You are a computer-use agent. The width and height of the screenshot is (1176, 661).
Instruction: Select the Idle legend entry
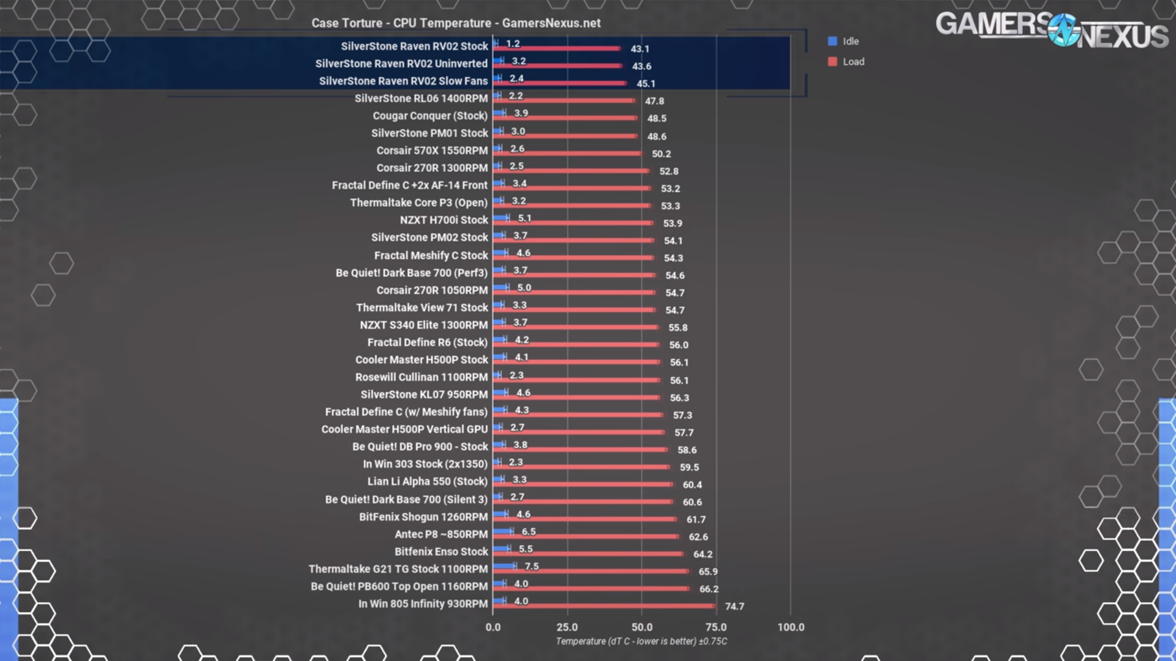[x=843, y=41]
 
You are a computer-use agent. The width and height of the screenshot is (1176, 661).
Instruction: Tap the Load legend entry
[x=846, y=61]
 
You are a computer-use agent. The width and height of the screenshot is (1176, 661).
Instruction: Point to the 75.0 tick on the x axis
[x=716, y=627]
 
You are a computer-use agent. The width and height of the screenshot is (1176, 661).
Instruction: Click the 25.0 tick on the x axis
[x=567, y=627]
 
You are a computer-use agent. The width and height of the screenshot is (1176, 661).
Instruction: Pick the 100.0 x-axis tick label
[x=791, y=627]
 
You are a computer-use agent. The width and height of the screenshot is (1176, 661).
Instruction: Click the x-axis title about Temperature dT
[x=641, y=641]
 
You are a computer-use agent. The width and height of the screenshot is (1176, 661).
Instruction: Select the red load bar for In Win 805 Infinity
[x=604, y=606]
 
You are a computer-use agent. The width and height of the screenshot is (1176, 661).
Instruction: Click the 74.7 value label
[x=734, y=607]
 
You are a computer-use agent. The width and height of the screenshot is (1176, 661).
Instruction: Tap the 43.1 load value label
[x=639, y=49]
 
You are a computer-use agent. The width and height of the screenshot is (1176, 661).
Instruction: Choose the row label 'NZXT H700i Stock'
[x=444, y=220]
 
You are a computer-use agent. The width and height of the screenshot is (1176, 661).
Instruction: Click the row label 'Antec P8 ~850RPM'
[x=441, y=534]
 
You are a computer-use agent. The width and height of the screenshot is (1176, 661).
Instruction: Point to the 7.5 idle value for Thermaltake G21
[x=532, y=566]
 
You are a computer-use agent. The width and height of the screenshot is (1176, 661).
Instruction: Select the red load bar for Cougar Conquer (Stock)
[x=565, y=118]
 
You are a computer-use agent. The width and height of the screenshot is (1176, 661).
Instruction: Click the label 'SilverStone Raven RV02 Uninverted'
[x=401, y=64]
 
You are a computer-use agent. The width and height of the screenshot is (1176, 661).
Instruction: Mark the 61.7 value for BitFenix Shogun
[x=696, y=520]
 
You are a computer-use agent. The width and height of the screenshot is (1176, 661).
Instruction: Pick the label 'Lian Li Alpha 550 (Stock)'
[x=428, y=482]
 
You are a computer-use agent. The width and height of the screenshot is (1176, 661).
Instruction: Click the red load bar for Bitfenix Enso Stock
[x=588, y=554]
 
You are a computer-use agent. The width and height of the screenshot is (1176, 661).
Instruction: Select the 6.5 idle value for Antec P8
[x=529, y=532]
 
